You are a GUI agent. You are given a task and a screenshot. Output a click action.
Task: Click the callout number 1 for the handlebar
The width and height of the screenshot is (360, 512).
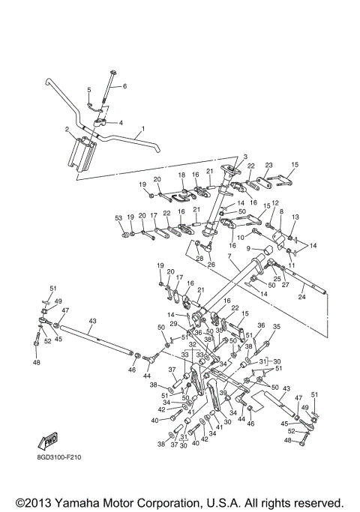[140, 129]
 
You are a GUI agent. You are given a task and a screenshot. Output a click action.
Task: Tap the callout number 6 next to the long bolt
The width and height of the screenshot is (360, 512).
[124, 87]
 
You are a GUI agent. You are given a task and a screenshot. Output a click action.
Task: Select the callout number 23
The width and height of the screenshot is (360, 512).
[268, 165]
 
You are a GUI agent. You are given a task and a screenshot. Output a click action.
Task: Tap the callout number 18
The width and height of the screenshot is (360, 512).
[181, 175]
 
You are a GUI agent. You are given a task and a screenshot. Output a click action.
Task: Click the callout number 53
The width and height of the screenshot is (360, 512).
[118, 217]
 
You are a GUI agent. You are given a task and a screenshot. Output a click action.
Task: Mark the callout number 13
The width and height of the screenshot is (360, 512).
[295, 217]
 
